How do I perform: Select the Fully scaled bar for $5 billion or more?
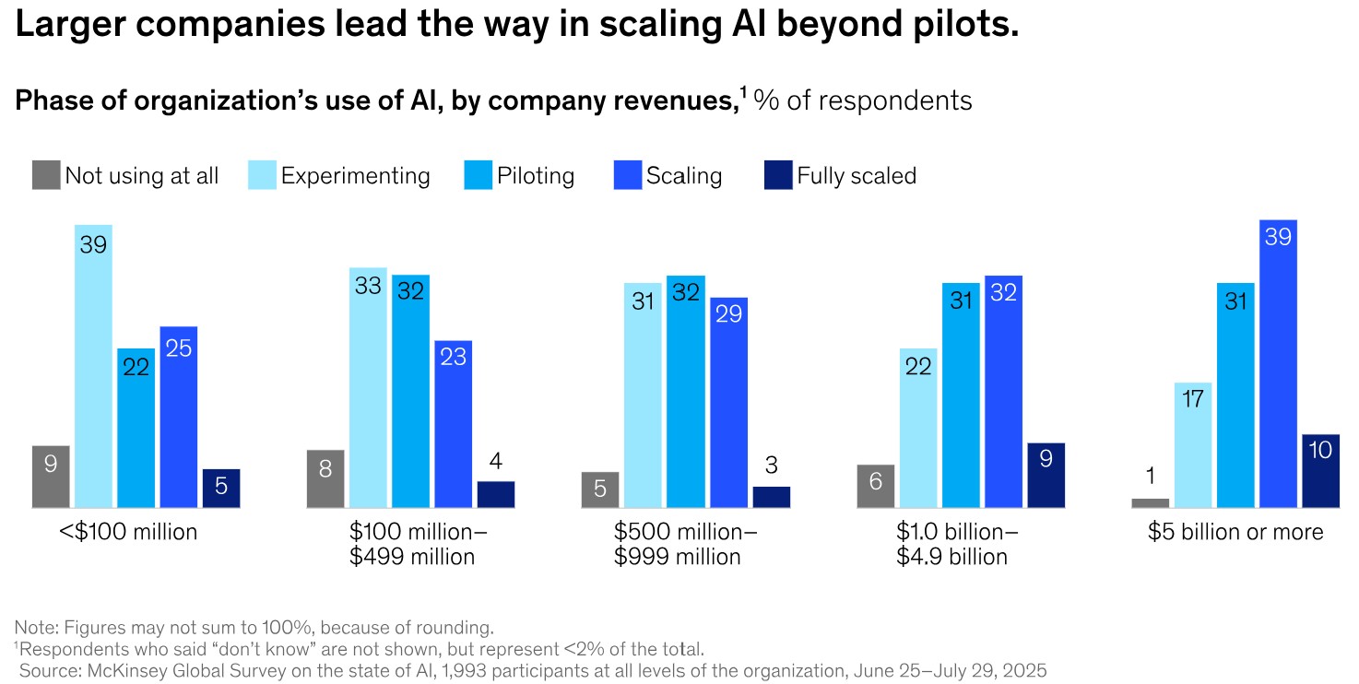(1320, 471)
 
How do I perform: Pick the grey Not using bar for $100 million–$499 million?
(325, 478)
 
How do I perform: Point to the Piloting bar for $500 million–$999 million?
(685, 391)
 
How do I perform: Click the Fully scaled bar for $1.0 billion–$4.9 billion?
(1046, 475)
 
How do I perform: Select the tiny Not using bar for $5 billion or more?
(1150, 502)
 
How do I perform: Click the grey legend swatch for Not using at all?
(46, 175)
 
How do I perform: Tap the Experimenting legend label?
(355, 176)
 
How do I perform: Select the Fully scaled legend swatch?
(778, 175)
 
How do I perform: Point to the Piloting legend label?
(536, 176)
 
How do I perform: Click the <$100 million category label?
(128, 532)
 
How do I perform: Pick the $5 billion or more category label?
(1235, 532)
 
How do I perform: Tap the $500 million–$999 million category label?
(685, 544)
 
